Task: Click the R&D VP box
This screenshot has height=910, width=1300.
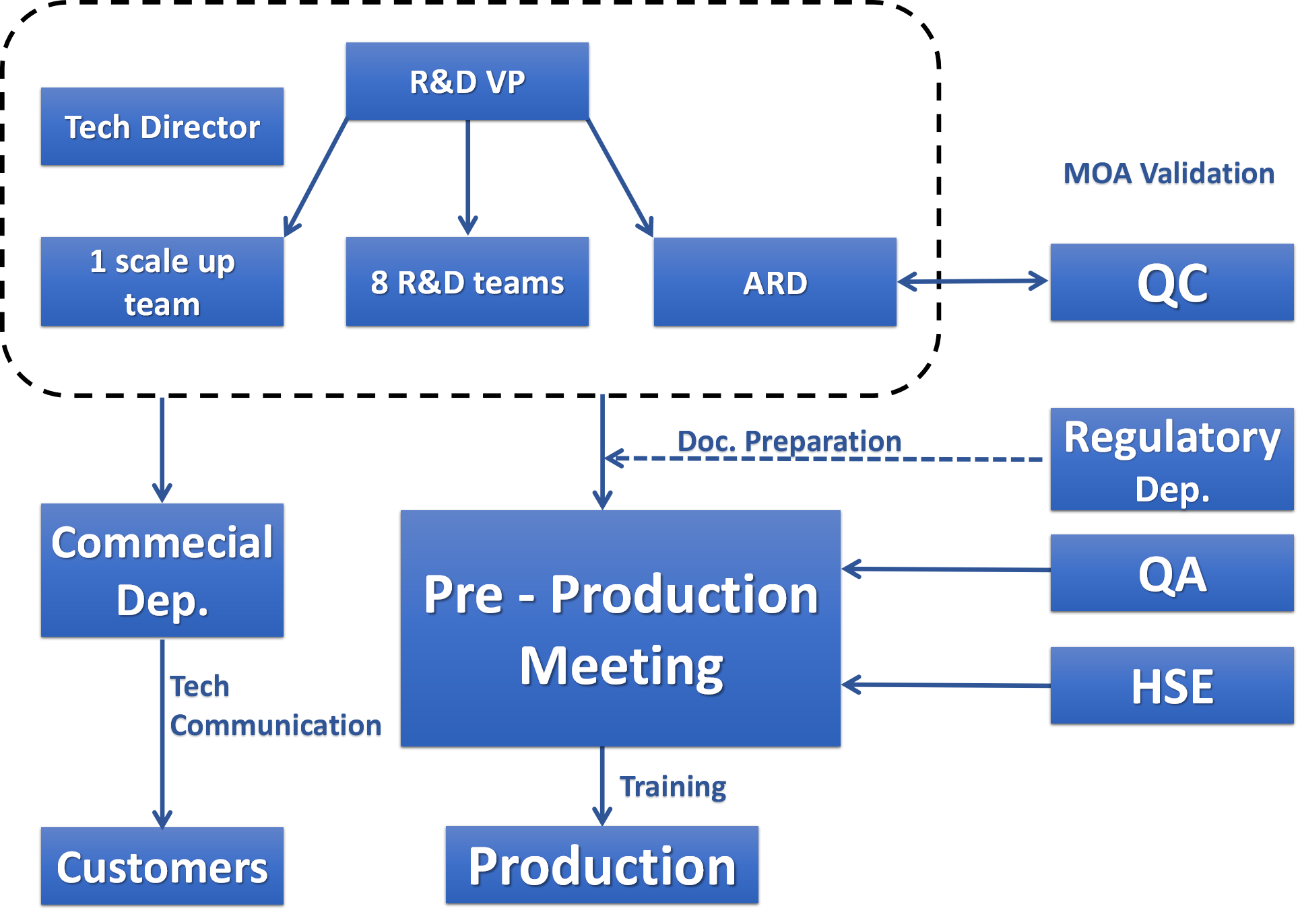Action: tap(467, 81)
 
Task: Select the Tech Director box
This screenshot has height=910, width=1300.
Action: tap(162, 127)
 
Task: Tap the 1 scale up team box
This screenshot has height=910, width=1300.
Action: tap(162, 281)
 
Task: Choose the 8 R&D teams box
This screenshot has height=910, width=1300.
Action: tap(467, 281)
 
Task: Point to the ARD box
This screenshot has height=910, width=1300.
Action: tap(775, 282)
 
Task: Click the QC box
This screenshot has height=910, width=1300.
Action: tap(1171, 282)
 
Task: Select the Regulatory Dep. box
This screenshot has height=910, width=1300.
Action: tap(1171, 459)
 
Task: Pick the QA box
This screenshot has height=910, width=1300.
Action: tap(1171, 573)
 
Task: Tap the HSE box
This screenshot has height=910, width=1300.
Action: tap(1171, 685)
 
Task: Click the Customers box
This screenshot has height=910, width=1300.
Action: tap(162, 866)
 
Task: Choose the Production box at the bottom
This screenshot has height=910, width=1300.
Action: tap(602, 865)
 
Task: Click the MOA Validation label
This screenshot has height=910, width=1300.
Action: tap(1169, 174)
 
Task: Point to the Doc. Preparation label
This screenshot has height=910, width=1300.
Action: tap(789, 442)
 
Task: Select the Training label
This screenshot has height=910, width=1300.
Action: tap(673, 788)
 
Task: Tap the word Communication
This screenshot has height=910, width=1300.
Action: tap(275, 726)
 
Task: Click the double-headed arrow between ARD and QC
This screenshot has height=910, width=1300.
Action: tap(973, 281)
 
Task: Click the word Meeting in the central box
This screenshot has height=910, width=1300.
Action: tap(621, 666)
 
